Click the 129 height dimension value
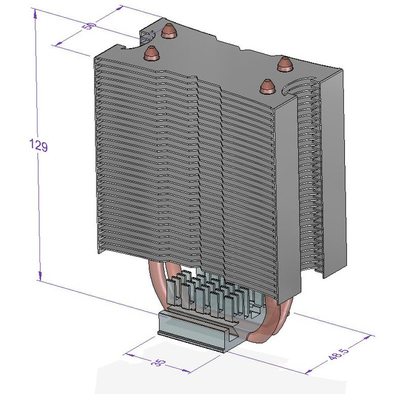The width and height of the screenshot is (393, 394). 38,145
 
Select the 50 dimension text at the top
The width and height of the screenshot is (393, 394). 90,26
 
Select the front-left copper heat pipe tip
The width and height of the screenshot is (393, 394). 151,54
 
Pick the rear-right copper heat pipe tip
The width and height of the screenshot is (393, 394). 284,62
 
